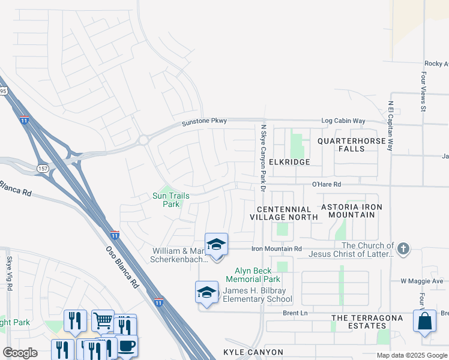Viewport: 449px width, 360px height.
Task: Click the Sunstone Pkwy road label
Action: pos(205,122)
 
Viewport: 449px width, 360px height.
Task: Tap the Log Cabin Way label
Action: pos(343,121)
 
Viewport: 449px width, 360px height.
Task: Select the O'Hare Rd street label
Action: pos(326,185)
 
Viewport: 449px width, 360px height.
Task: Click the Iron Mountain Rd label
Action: pos(276,248)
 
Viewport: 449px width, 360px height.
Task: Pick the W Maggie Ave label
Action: pos(421,281)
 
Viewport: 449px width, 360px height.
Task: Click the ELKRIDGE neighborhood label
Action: pos(289,162)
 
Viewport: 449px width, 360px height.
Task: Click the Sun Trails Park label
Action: pos(166,200)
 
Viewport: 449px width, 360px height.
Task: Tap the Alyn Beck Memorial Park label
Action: pos(253,275)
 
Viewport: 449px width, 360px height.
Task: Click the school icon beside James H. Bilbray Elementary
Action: pos(207,292)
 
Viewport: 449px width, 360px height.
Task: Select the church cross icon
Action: pos(404,248)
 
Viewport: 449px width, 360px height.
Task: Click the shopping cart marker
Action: pos(103,320)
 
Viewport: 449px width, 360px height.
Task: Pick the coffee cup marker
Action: pos(126,346)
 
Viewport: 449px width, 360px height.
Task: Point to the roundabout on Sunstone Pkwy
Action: pos(143,140)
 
